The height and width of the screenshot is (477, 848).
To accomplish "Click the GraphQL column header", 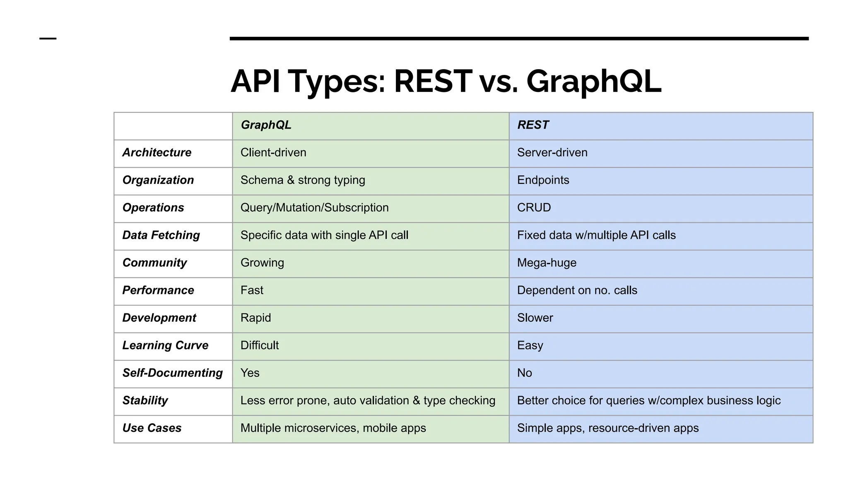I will point(266,125).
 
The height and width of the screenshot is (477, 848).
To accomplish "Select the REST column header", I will point(533,125).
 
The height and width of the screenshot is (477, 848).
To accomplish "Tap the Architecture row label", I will point(157,153).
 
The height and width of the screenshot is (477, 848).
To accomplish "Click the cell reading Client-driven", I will point(273,153).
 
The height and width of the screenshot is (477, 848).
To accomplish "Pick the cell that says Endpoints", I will point(543,180).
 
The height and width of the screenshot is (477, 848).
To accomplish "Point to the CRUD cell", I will point(534,208).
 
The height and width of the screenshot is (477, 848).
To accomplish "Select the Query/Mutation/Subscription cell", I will point(314,208).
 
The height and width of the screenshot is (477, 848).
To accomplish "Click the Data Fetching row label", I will point(161,235).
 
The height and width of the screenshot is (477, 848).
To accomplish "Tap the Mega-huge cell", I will point(547,263).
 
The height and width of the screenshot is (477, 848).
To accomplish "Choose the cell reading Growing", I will point(262,263).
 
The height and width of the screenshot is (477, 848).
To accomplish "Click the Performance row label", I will point(158,290).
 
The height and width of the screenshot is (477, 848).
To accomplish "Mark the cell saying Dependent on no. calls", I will point(577,290).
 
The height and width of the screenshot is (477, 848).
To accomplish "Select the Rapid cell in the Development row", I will point(255,318).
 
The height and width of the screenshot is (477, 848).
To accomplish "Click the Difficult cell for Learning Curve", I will point(260,345).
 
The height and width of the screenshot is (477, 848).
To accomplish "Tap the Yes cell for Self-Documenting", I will point(250,373).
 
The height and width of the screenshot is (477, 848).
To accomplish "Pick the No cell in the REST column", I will point(524,373).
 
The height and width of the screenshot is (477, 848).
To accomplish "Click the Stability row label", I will point(145,400).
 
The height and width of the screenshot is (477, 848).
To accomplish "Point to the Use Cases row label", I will point(152,428).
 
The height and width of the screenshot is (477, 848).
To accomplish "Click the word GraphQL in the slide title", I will point(594,82).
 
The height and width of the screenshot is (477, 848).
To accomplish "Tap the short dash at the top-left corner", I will point(48,39).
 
